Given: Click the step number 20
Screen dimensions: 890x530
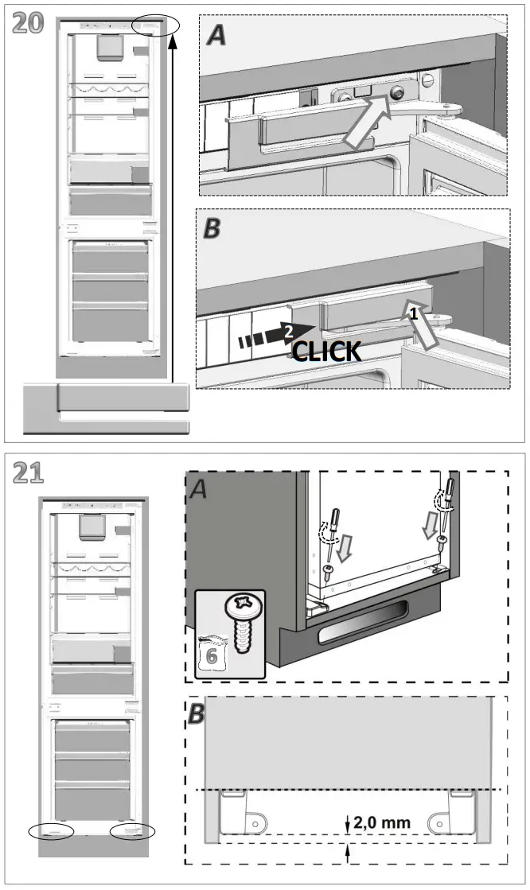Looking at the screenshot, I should click(x=29, y=25).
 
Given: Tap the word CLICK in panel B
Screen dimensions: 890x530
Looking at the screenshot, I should click(x=326, y=351).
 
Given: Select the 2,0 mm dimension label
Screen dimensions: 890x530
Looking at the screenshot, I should click(x=383, y=822).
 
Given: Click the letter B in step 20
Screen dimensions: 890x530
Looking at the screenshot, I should click(x=212, y=228).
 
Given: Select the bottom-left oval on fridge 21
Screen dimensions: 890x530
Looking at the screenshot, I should click(x=50, y=831).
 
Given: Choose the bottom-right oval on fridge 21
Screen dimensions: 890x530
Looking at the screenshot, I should click(x=132, y=831).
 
